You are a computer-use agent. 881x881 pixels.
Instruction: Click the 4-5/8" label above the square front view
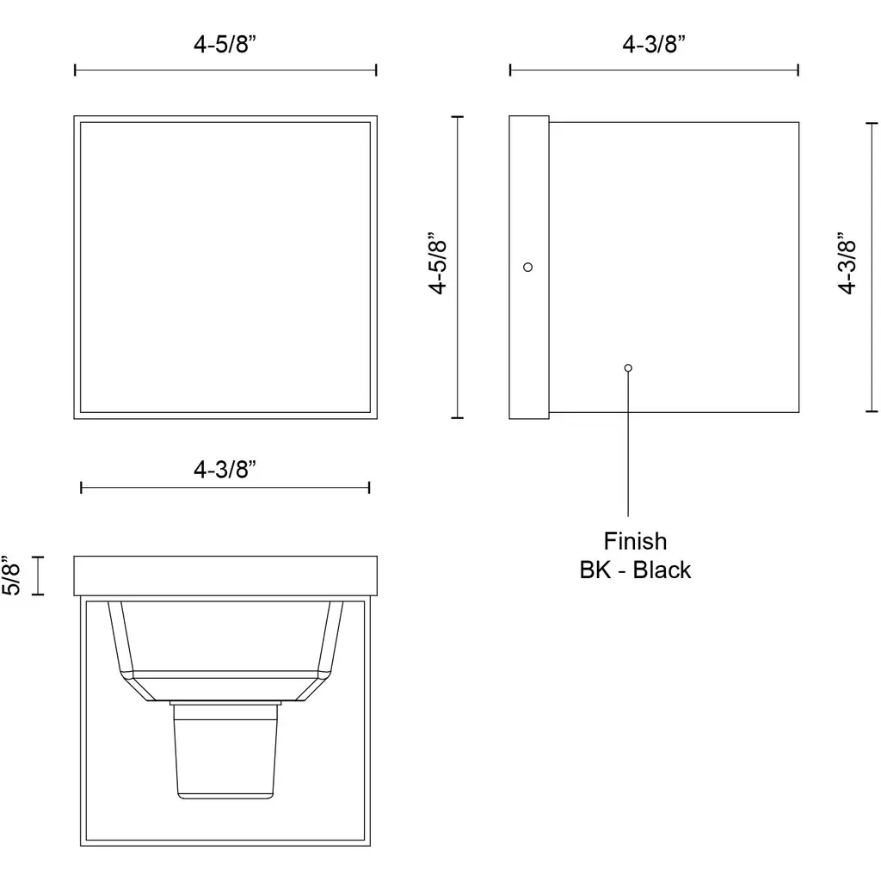click(225, 44)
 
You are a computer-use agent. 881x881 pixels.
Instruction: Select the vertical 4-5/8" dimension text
click(438, 262)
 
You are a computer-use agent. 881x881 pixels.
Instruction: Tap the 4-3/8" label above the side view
click(654, 44)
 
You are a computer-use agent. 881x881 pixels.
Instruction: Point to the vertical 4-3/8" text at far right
click(847, 262)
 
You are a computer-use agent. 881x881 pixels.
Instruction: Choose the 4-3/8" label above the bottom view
click(225, 469)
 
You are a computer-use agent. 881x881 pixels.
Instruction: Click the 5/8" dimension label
click(11, 575)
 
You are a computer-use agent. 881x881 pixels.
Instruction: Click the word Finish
click(635, 541)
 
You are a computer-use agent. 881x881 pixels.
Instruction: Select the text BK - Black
click(635, 570)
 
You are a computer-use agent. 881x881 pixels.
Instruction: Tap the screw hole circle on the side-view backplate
click(527, 267)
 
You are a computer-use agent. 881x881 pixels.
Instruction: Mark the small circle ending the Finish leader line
click(628, 368)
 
